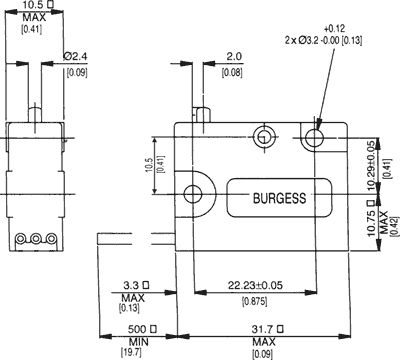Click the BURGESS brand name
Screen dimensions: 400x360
coord(279,198)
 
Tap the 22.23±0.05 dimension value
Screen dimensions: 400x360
coord(255,285)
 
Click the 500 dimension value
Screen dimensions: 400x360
coord(137,329)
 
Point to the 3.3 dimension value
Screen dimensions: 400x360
coord(131,285)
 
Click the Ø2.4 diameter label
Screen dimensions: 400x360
coord(75,56)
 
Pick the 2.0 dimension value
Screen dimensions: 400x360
coord(234,56)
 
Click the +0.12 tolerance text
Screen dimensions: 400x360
coord(334,28)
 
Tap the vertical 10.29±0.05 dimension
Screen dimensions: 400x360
coord(371,165)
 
